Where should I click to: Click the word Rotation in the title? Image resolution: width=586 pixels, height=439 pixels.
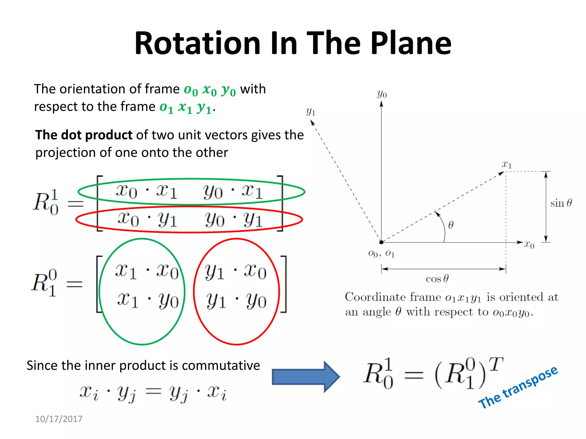[x=197, y=43]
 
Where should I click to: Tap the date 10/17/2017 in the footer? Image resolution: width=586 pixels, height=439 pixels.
[x=59, y=419]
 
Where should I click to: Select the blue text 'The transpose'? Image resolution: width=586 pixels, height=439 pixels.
[x=518, y=387]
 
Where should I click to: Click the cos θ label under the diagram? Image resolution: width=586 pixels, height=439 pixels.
[x=437, y=279]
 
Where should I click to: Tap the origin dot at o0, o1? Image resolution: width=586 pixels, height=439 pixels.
[x=381, y=242]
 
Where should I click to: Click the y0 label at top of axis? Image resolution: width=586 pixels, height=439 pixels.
[x=382, y=94]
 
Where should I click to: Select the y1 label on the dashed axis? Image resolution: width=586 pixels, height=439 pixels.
[x=310, y=111]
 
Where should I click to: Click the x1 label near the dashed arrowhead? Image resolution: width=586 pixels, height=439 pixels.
[x=506, y=164]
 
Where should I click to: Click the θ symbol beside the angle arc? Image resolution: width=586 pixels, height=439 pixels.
[x=451, y=225]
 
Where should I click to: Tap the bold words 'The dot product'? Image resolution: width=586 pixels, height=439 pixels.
[x=84, y=135]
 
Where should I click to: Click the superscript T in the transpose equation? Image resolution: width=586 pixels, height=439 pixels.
[x=496, y=364]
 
